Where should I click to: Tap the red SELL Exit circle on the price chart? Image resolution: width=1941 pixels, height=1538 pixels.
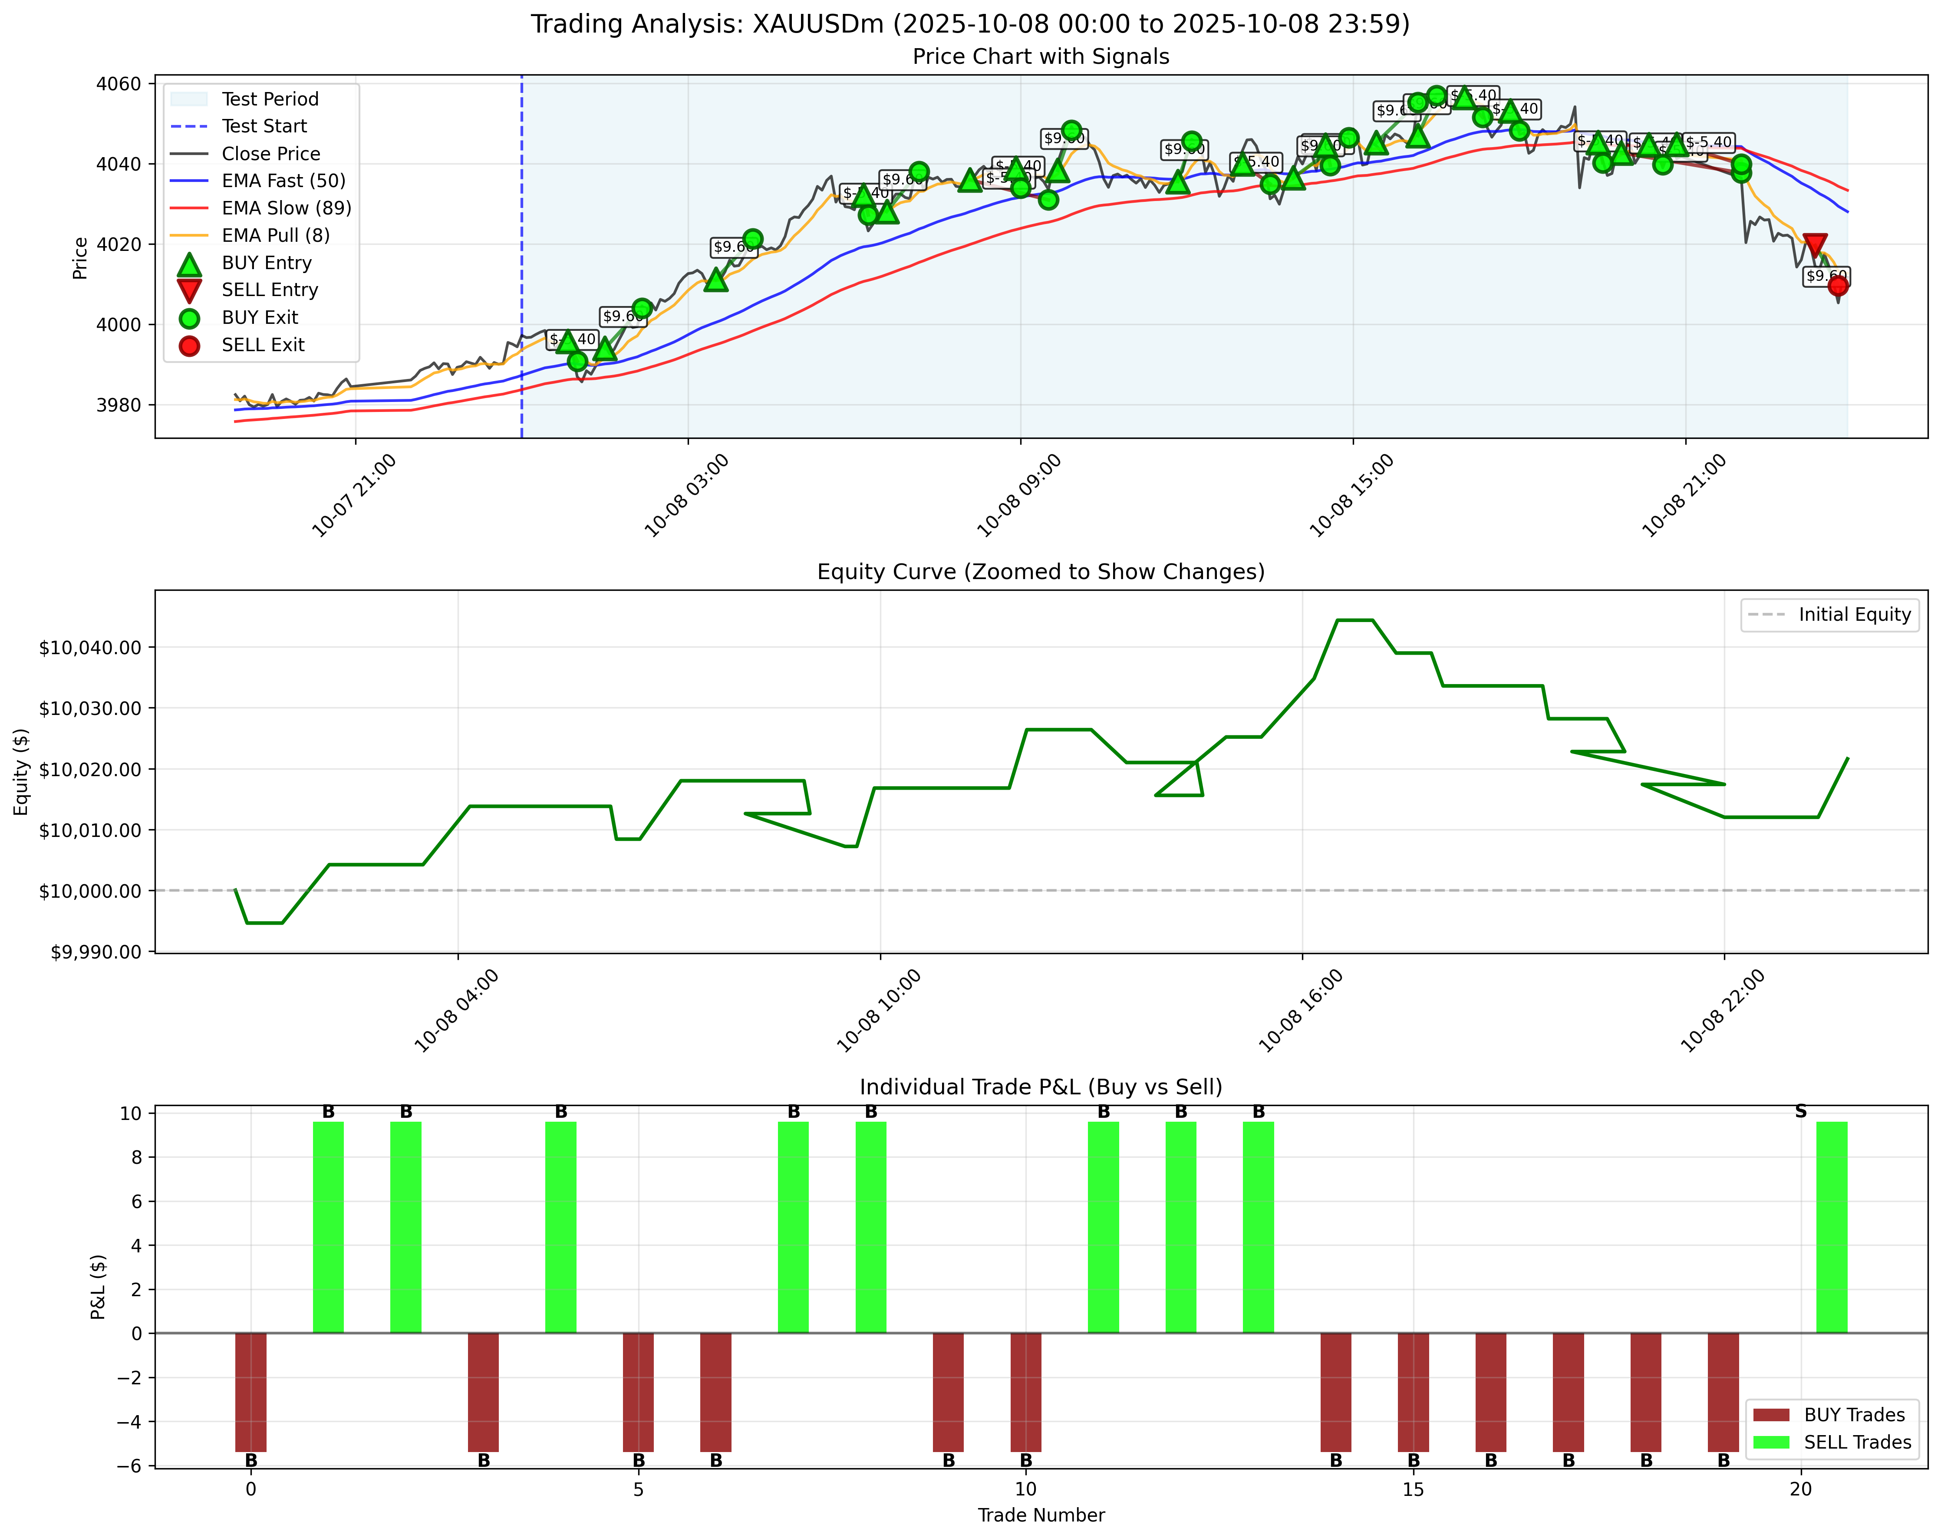[x=1838, y=285]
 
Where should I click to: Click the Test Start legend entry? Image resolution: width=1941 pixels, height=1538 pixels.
[x=264, y=126]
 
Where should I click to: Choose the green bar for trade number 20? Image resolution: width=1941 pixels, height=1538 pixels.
[x=1831, y=1227]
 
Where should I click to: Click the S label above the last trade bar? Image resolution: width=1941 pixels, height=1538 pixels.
[x=1800, y=1111]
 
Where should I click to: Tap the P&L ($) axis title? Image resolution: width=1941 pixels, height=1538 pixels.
[x=99, y=1287]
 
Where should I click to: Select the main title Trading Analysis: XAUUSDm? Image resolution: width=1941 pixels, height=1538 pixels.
[x=969, y=24]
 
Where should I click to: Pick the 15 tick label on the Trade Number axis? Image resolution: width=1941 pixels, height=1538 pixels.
[x=1413, y=1489]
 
